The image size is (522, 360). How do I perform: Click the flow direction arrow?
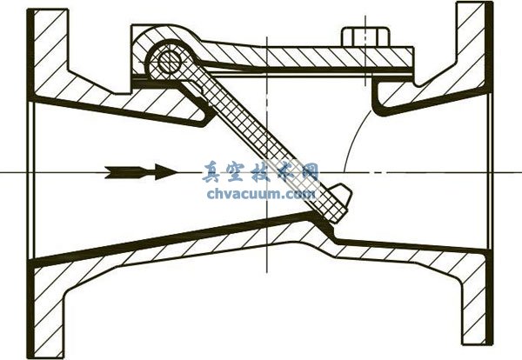point(142,172)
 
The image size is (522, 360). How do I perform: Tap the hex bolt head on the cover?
point(365,37)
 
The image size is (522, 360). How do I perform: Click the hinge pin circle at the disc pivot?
point(170,61)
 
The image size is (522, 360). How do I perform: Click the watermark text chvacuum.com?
point(261,193)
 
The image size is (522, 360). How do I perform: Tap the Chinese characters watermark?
point(260,172)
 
